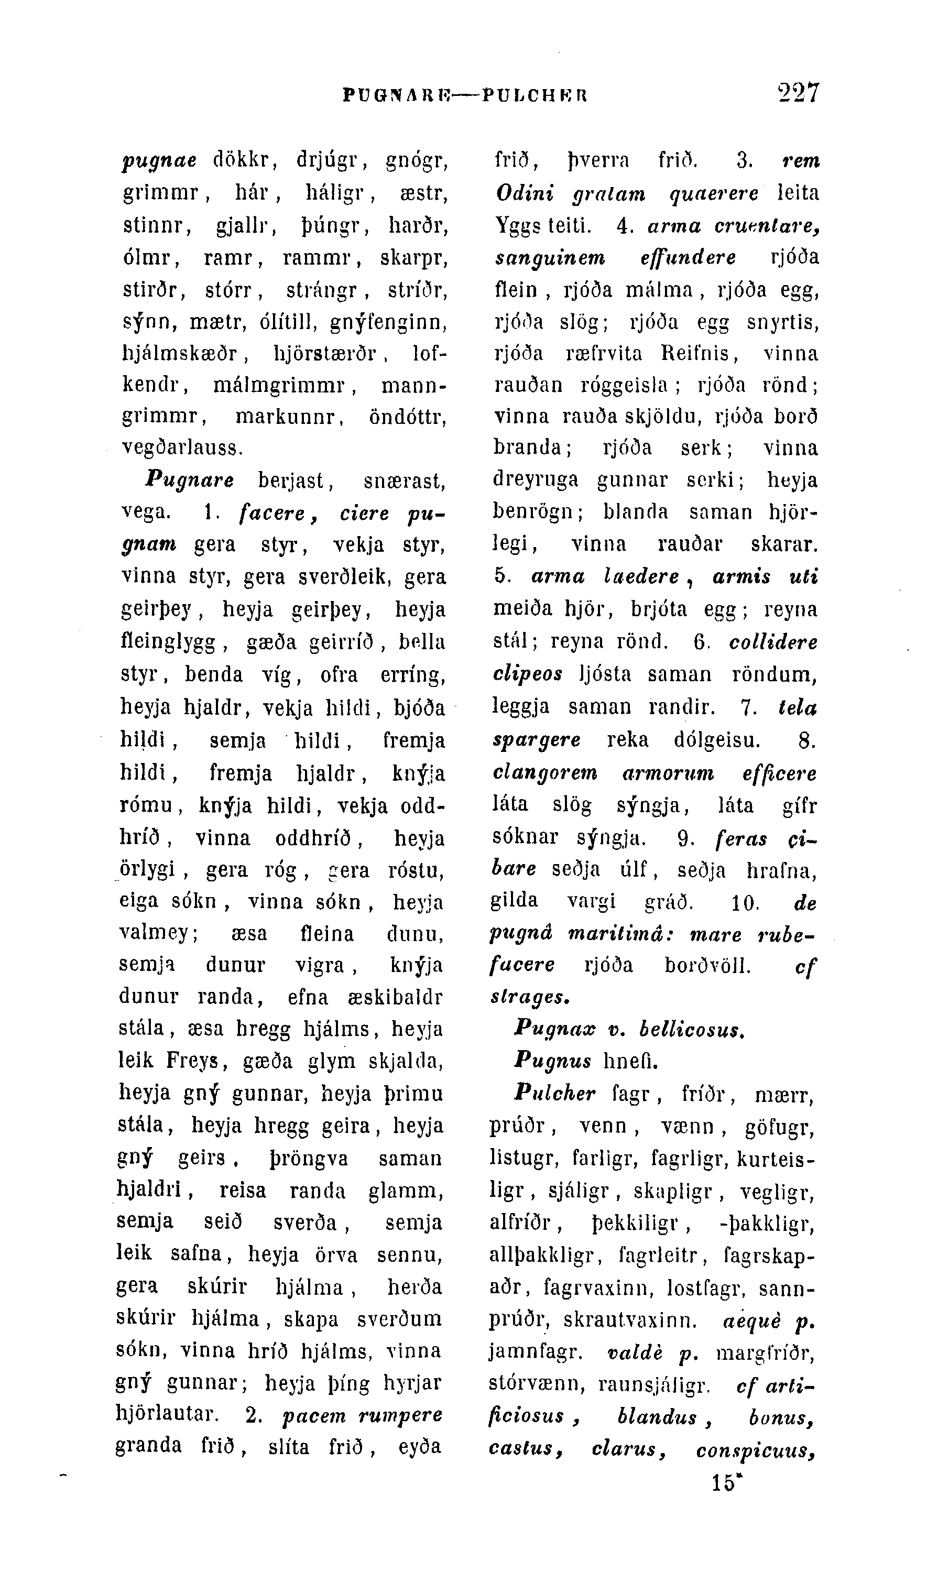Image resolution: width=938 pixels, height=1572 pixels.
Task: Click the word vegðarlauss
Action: tap(182, 448)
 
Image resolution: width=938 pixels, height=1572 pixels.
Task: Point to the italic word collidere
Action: tap(773, 643)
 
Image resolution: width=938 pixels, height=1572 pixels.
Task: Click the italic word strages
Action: tap(530, 997)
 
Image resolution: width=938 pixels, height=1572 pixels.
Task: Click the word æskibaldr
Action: tap(395, 997)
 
